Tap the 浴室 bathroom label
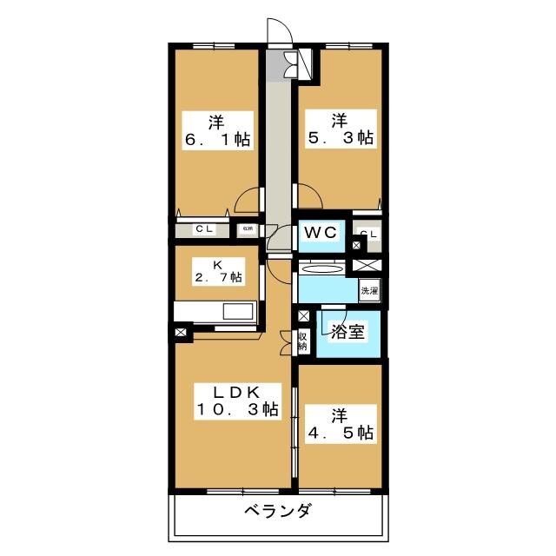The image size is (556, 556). [x=347, y=330]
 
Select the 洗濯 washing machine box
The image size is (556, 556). [x=369, y=291]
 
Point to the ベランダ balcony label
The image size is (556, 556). [x=276, y=511]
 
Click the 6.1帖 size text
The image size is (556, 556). [x=217, y=139]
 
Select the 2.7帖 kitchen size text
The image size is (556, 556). [x=216, y=280]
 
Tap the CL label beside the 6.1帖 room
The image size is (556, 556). [x=204, y=229]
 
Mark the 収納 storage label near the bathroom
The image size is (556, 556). [x=303, y=340]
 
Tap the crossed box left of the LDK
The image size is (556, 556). [x=181, y=331]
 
